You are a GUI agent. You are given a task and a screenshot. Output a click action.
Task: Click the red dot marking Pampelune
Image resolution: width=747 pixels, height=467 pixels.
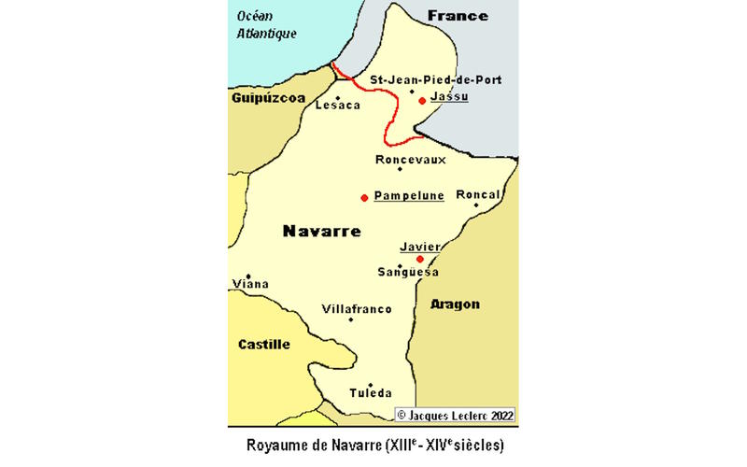point(363,197)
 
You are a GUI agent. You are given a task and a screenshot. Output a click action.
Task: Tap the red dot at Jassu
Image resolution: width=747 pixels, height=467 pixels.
point(422,100)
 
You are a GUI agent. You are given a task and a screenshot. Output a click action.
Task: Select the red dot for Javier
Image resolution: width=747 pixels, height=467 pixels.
point(419,259)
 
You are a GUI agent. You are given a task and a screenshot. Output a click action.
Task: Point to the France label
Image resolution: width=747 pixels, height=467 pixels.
point(458,15)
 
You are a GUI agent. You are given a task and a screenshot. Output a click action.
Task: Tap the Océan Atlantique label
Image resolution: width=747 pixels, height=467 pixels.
point(266,24)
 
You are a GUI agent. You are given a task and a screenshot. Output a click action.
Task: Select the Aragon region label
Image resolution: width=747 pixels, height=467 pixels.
point(457,304)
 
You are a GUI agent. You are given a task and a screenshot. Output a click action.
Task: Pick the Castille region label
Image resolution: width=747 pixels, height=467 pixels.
point(264,344)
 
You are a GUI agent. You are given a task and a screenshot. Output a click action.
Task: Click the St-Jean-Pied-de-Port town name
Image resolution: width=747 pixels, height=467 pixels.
point(436,80)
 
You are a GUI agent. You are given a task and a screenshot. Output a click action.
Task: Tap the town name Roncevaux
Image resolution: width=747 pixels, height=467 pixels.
point(410,160)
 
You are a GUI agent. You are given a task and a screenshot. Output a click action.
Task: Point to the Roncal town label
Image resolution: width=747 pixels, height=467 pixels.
point(478,194)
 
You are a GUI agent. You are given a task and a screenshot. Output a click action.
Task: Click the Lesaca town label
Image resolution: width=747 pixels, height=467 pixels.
point(337,106)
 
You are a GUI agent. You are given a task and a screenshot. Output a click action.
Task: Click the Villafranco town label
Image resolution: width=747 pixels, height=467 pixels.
point(357,309)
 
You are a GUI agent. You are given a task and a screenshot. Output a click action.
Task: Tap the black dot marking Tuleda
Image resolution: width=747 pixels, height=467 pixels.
point(371,385)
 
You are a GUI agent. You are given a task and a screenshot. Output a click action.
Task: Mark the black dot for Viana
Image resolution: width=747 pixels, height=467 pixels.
point(248,276)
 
